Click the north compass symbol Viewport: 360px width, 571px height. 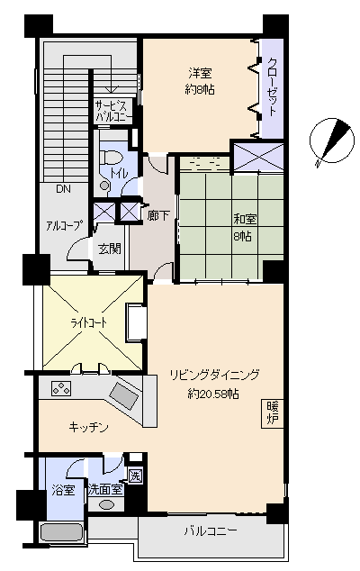click(x=331, y=140)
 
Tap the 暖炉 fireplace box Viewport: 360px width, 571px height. click(x=273, y=413)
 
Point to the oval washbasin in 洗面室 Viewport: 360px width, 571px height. click(x=106, y=504)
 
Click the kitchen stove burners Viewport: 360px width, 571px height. click(x=61, y=388)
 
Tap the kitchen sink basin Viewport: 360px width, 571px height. click(x=124, y=395)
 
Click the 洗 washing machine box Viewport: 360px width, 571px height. click(x=135, y=476)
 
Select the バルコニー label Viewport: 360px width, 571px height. click(x=210, y=531)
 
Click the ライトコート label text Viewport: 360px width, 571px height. click(x=88, y=322)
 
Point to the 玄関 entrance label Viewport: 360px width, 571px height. click(x=109, y=249)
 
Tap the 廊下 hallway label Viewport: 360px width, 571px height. click(x=158, y=215)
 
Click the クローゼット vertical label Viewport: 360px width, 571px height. click(x=273, y=86)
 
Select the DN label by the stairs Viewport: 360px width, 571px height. click(x=63, y=189)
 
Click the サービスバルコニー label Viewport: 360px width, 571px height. click(x=112, y=112)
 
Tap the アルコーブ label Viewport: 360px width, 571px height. click(x=63, y=225)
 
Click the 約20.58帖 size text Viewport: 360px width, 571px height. click(x=213, y=394)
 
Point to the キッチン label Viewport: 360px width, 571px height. click(x=88, y=427)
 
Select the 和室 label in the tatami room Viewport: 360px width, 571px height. click(x=245, y=220)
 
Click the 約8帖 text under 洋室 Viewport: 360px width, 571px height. click(x=200, y=89)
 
